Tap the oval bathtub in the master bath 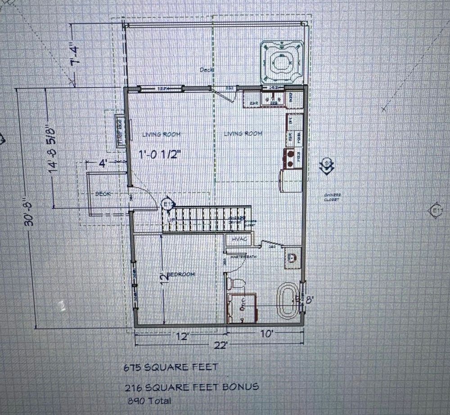(x=287, y=300)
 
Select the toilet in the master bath (x=235, y=284)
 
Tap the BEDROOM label (x=181, y=274)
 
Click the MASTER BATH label (x=243, y=256)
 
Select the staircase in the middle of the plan (x=206, y=219)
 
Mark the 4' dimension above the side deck (x=102, y=163)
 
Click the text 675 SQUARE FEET (x=171, y=367)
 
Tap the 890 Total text (x=150, y=400)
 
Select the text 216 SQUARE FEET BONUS (x=192, y=387)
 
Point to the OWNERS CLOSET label (x=332, y=196)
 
